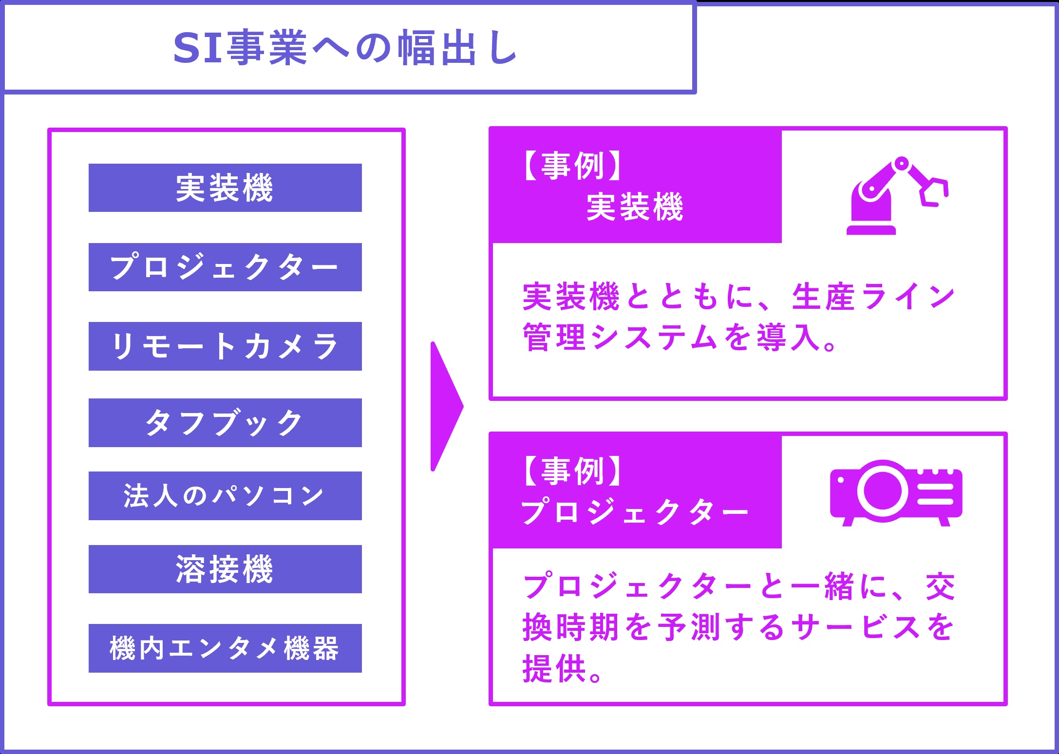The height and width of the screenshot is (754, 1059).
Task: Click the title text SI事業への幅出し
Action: (345, 48)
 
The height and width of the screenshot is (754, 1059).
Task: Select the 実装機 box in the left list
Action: (225, 188)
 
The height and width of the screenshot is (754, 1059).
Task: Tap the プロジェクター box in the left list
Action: (225, 267)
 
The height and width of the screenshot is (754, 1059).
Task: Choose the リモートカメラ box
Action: (225, 346)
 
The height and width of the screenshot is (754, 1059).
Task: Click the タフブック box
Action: (225, 423)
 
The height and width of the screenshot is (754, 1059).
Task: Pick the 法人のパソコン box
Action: (225, 496)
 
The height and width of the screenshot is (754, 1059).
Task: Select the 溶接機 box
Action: (225, 569)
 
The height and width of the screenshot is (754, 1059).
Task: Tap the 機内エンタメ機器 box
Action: (225, 648)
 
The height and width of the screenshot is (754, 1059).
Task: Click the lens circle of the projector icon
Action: (882, 491)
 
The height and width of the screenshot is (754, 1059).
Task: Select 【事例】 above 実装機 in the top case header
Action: (573, 166)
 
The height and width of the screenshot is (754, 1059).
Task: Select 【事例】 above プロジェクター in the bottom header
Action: (573, 471)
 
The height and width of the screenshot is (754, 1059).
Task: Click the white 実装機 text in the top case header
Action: (635, 207)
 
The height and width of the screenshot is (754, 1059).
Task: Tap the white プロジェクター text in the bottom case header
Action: (635, 512)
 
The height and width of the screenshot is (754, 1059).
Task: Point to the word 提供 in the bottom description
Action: (554, 668)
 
